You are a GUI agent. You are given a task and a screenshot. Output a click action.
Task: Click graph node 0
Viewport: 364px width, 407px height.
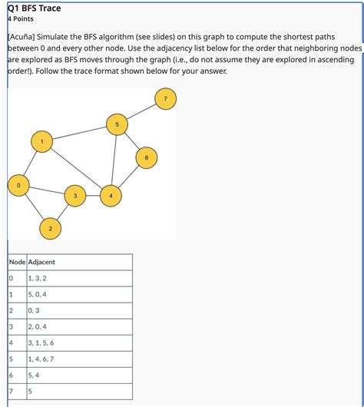click(x=19, y=185)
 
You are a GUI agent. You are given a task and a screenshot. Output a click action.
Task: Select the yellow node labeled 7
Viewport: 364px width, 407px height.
click(x=164, y=98)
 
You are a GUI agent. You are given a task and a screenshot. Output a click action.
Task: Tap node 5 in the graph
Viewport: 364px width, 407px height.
click(x=117, y=124)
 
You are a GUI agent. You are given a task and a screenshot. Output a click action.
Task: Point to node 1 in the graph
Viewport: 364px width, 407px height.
click(x=41, y=141)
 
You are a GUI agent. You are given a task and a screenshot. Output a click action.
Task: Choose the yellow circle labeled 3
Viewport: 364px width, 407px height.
click(x=74, y=197)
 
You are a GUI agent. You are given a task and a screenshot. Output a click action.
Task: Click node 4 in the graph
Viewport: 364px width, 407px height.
click(x=111, y=197)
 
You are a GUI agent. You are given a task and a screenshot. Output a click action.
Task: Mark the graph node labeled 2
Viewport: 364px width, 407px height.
click(x=50, y=229)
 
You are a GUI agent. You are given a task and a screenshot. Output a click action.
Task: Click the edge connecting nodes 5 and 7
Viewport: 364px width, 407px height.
click(x=141, y=111)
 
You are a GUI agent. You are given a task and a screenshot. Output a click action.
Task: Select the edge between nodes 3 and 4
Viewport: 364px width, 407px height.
click(x=93, y=197)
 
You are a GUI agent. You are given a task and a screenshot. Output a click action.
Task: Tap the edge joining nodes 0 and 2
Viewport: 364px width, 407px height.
click(x=35, y=207)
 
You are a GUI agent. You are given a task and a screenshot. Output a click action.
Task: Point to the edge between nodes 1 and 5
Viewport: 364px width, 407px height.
click(x=79, y=132)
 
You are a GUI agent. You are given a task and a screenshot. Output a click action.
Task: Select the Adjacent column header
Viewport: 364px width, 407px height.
click(x=41, y=262)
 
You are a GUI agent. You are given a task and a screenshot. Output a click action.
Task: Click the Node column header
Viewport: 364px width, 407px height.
click(x=16, y=262)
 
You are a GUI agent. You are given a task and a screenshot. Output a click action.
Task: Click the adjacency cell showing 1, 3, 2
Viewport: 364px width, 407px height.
click(x=37, y=278)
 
